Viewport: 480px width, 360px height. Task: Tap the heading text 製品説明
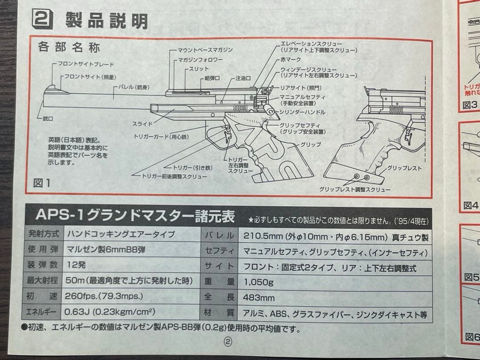click(107, 20)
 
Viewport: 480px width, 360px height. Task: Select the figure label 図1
click(42, 182)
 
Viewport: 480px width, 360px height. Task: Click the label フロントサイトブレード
click(86, 64)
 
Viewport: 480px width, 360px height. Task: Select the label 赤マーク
click(291, 60)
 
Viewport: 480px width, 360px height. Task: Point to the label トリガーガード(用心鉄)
click(161, 137)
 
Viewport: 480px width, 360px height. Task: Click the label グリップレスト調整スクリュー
click(355, 189)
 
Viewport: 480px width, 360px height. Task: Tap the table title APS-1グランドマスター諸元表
click(135, 217)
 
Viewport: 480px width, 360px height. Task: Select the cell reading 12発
click(76, 265)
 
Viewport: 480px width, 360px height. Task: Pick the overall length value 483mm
click(259, 298)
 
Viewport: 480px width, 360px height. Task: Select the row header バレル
click(219, 236)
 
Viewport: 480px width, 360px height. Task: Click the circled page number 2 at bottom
click(228, 342)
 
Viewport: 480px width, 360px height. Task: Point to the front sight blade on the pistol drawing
click(54, 88)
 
